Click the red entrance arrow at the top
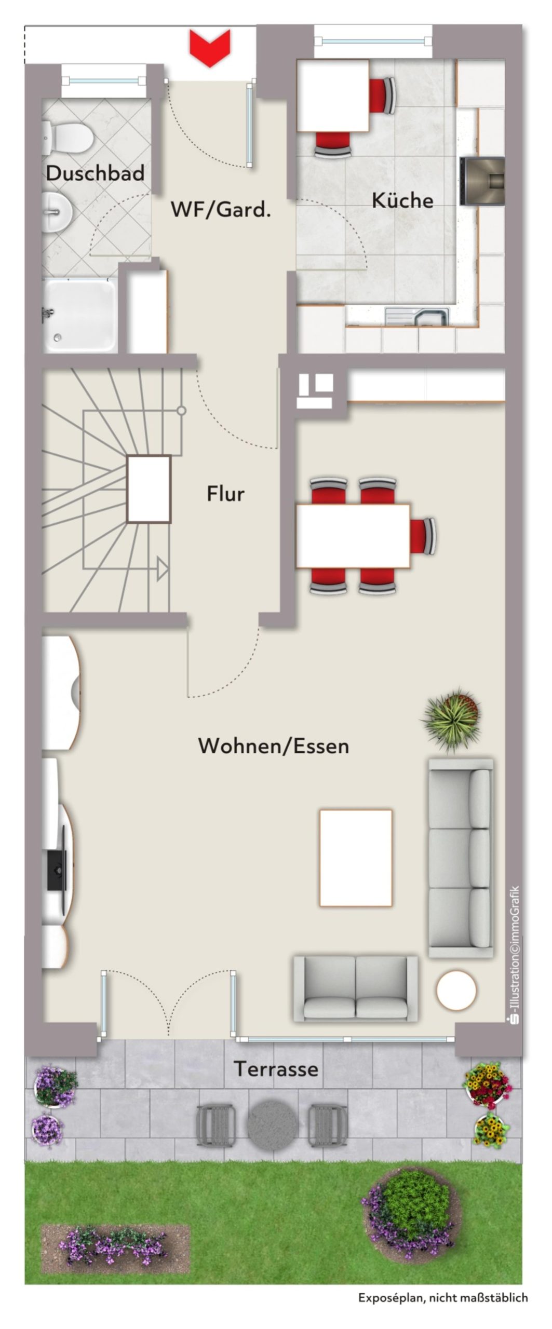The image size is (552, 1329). click(x=209, y=48)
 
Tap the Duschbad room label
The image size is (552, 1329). click(x=95, y=173)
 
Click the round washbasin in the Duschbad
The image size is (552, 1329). click(x=58, y=211)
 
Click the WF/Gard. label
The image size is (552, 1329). click(x=221, y=210)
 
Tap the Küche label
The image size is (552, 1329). click(x=402, y=200)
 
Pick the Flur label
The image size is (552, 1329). click(x=225, y=493)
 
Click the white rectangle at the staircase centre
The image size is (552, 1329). click(x=149, y=489)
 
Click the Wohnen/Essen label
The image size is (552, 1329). click(x=274, y=746)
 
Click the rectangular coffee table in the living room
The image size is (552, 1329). click(x=356, y=858)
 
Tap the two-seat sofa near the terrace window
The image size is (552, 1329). click(x=356, y=989)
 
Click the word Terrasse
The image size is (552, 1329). click(x=276, y=1069)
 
